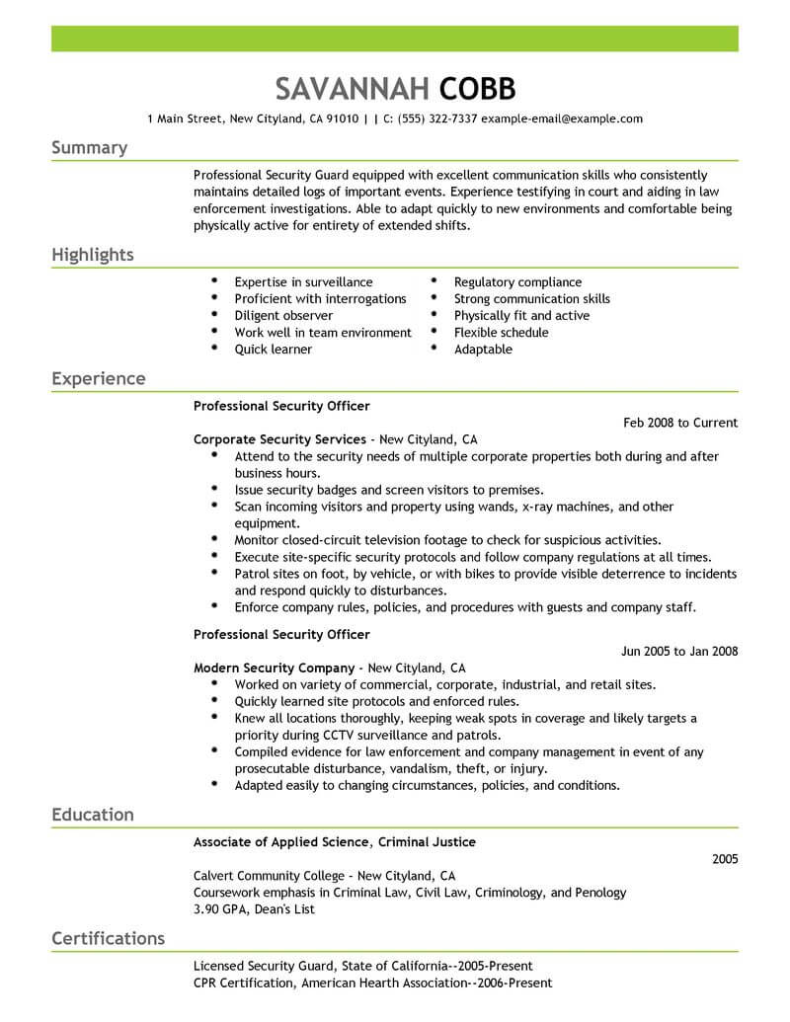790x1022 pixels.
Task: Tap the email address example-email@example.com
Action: click(562, 118)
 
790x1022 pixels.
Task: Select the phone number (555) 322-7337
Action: click(437, 118)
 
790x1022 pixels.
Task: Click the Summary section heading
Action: click(89, 148)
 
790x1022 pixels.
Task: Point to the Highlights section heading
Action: click(92, 255)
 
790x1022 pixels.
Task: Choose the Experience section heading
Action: click(98, 379)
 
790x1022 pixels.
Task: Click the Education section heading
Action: click(92, 815)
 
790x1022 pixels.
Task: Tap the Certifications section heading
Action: click(108, 938)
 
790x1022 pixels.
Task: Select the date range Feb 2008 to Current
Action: click(680, 423)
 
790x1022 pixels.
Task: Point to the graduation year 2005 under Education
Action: click(725, 859)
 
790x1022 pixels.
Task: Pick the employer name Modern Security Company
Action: click(275, 668)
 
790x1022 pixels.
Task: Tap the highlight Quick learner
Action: click(273, 350)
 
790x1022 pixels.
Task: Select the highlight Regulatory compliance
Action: click(517, 282)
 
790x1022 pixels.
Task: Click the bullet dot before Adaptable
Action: click(434, 350)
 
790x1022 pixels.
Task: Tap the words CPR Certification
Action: click(243, 983)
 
